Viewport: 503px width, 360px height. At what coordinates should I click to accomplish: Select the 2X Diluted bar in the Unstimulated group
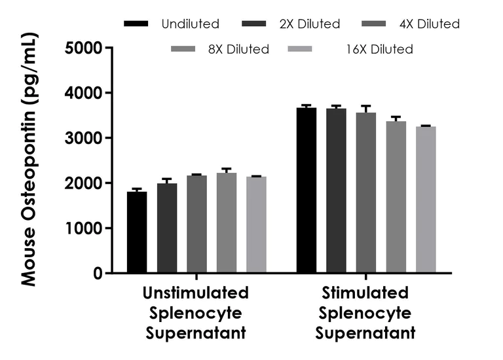coord(167,228)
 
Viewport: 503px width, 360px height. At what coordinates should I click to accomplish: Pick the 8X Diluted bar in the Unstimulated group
coord(227,223)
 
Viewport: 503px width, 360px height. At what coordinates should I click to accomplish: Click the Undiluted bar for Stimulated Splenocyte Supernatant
coord(307,190)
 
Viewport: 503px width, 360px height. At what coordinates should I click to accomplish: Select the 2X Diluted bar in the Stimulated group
coord(336,190)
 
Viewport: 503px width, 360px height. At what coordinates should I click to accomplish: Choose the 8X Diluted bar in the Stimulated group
coord(396,197)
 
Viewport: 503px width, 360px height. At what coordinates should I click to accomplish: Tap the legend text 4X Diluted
coord(430,24)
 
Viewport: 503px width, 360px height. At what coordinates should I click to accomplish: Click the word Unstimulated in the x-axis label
coord(196,292)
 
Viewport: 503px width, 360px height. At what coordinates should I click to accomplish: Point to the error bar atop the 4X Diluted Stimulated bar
coord(366,108)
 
